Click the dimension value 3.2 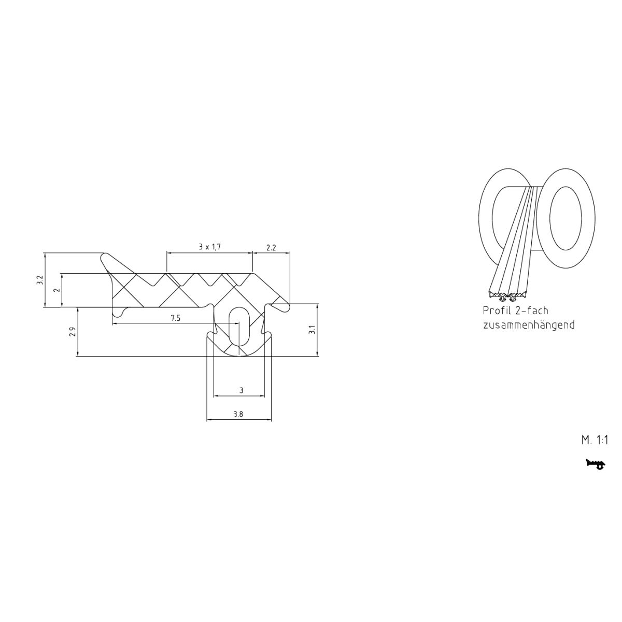[x=40, y=280]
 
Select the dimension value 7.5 [x=175, y=318]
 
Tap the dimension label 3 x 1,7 [x=209, y=247]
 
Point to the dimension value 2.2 [x=271, y=248]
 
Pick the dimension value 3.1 [x=312, y=330]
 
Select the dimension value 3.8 [x=238, y=414]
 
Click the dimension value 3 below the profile [x=241, y=391]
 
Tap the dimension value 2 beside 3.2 [x=58, y=290]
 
